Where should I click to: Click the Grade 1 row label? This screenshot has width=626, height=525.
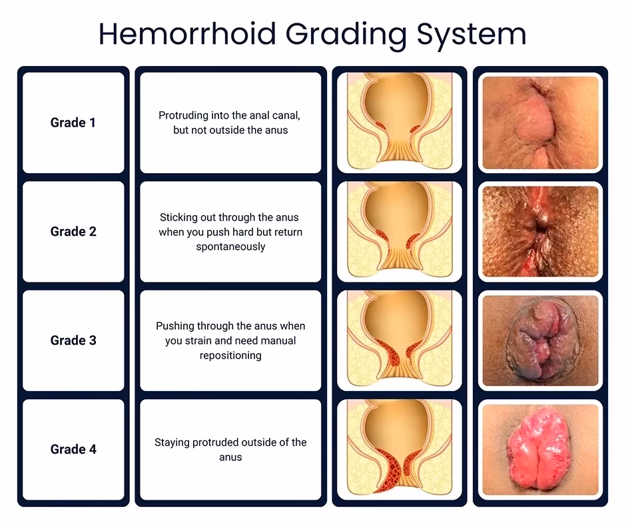[73, 123]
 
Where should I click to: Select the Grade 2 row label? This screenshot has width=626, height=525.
[73, 232]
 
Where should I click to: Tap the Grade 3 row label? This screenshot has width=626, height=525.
[73, 340]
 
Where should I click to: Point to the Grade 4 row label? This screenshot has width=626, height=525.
[73, 449]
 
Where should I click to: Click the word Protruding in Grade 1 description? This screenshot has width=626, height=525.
[183, 115]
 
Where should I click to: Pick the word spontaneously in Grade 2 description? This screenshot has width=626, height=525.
[230, 247]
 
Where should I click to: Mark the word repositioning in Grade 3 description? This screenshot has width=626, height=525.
[230, 355]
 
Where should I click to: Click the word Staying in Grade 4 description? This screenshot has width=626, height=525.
[172, 442]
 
